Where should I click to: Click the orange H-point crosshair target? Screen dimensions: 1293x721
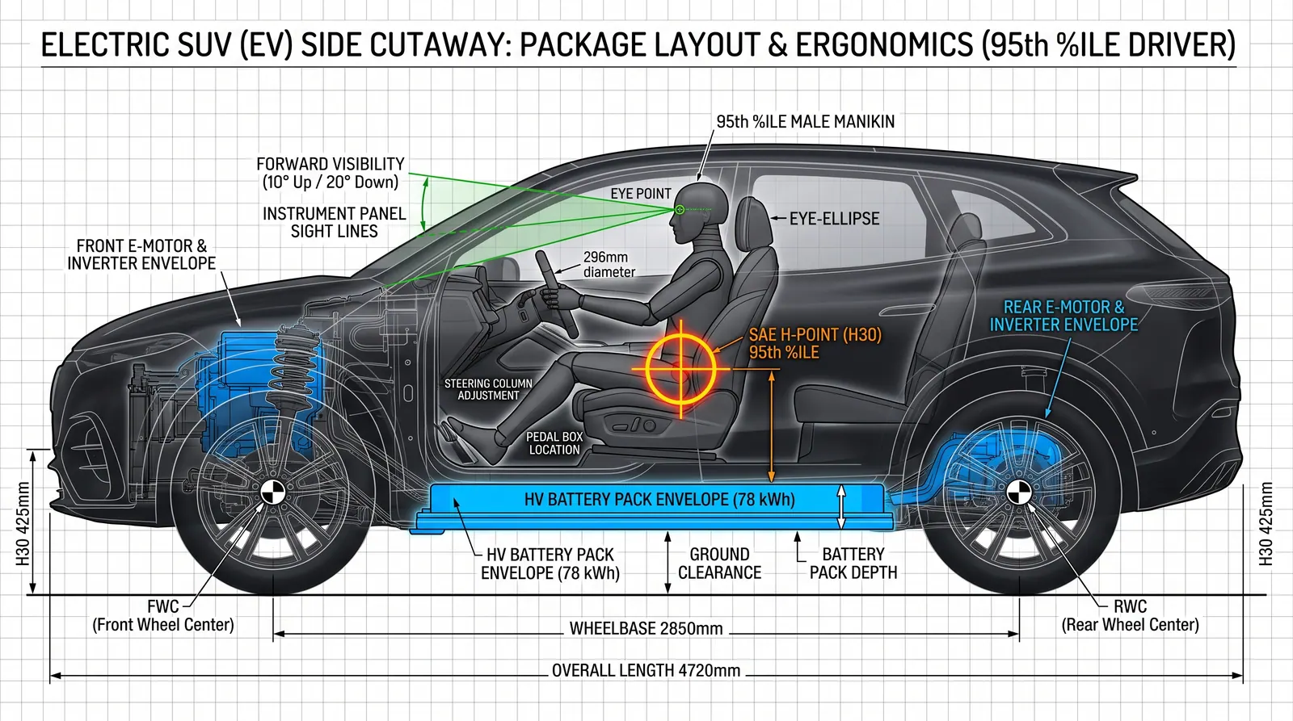[681, 369]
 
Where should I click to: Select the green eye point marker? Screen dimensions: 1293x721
[680, 209]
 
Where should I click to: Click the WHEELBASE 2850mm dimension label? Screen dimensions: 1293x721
[646, 628]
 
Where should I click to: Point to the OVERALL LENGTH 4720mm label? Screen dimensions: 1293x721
[646, 670]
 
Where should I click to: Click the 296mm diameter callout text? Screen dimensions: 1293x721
[609, 264]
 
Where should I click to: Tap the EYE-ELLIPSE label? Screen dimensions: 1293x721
[834, 219]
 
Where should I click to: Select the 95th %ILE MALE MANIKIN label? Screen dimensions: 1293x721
[805, 122]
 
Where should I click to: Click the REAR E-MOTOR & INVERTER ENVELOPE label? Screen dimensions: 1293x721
[1063, 316]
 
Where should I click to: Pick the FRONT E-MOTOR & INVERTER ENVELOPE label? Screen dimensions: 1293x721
[141, 254]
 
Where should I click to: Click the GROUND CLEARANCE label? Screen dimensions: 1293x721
[719, 563]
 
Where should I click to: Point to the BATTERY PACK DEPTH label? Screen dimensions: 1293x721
[853, 563]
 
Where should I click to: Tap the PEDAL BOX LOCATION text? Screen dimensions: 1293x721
[554, 443]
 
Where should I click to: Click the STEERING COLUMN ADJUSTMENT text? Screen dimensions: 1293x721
[488, 389]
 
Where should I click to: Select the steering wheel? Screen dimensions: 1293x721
[556, 294]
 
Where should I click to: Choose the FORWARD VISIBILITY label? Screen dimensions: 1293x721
[331, 173]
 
